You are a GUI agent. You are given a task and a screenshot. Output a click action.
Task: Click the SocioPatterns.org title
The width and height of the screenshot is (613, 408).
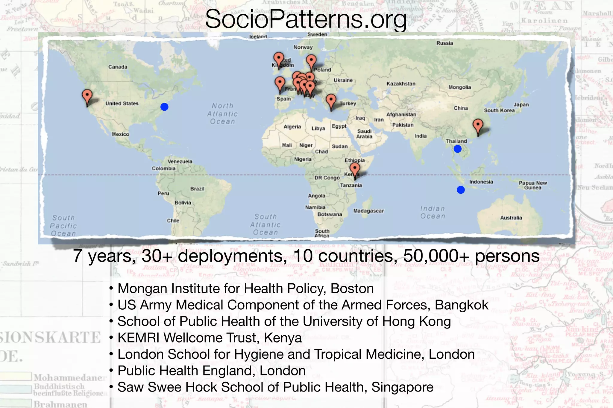[x=306, y=19]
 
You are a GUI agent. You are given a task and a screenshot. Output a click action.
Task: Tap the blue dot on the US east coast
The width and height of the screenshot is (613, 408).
[x=164, y=107]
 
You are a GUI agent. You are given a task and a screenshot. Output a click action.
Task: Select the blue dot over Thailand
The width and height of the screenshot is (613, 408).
[x=457, y=149]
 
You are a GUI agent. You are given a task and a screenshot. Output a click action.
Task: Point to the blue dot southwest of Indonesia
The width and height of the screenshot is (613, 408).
[x=461, y=190]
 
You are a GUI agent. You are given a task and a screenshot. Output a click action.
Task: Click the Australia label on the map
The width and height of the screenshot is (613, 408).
[x=511, y=218]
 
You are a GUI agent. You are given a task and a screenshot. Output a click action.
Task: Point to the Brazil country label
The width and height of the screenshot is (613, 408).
[x=197, y=189]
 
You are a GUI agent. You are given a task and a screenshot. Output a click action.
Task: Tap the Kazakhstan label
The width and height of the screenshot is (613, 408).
[x=401, y=84]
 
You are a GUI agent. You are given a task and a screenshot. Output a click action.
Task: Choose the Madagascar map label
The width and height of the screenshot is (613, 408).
[x=368, y=211]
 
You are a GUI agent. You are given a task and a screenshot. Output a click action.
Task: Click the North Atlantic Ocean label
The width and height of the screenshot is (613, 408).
[x=222, y=114]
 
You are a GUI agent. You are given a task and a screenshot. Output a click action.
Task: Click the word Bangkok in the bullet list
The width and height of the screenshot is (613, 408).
[x=462, y=305]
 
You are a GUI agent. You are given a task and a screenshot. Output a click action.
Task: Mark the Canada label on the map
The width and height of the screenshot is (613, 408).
[x=118, y=67]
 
